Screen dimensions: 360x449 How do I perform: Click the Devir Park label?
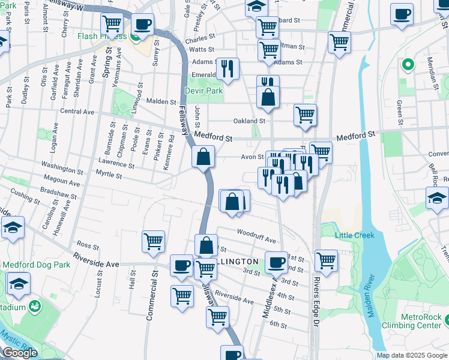click(205, 91)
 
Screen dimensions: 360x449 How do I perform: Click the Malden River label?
click(372, 297)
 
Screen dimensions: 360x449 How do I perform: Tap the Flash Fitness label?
click(101, 36)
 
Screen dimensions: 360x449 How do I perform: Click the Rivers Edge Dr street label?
click(317, 300)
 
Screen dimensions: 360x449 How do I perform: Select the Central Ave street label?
click(77, 112)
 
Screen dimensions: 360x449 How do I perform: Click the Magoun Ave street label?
click(62, 180)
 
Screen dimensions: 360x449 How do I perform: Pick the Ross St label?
click(88, 245)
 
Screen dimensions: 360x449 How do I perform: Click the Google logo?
click(20, 353)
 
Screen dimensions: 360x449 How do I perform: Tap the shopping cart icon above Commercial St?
click(154, 241)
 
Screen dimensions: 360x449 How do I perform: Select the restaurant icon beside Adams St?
click(228, 68)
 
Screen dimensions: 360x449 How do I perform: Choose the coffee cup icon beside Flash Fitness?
click(142, 25)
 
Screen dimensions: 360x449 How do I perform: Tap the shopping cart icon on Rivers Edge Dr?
click(326, 260)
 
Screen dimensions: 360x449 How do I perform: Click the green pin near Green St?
click(408, 64)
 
